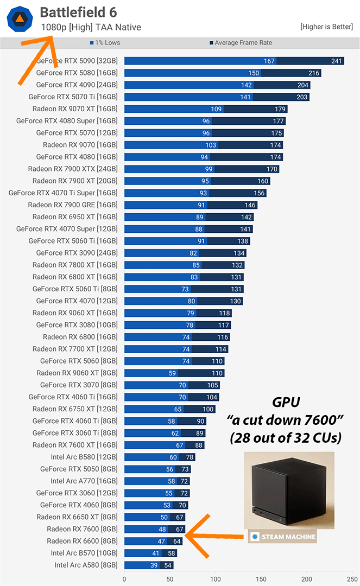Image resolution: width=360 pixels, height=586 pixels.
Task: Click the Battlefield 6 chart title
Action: [x=79, y=12]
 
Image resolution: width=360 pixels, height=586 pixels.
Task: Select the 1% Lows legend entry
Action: [x=106, y=43]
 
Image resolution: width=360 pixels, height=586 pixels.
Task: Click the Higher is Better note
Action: [x=326, y=27]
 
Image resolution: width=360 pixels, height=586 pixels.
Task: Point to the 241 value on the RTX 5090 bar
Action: [x=337, y=61]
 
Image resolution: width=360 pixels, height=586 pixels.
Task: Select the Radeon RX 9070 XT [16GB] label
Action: [x=75, y=109]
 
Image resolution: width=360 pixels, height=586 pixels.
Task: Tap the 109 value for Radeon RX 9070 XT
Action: [x=217, y=109]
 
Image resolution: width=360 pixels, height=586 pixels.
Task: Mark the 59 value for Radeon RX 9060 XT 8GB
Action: [x=173, y=373]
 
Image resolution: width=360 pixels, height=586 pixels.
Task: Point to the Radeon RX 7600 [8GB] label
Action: [x=82, y=529]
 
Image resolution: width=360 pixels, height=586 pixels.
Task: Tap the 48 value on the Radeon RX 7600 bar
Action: [x=162, y=529]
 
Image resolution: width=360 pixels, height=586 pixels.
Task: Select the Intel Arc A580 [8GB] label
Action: [x=86, y=565]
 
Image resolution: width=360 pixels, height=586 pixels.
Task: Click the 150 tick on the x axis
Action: [x=261, y=579]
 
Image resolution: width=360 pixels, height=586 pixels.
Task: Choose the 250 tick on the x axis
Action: [x=352, y=579]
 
